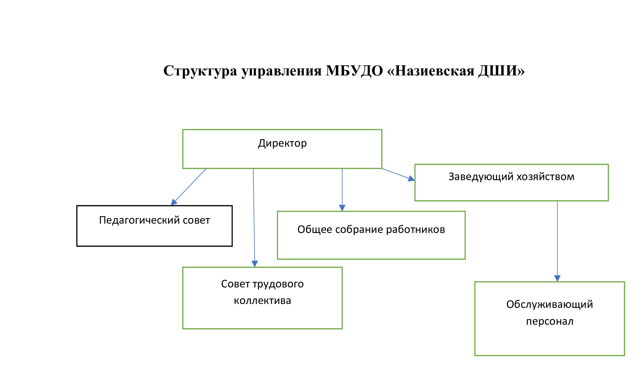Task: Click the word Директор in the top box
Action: coord(282,143)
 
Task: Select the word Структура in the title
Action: coord(200,71)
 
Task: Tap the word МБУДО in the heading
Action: coord(354,71)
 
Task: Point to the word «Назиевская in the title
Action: coord(431,71)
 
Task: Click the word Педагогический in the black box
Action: coord(140,221)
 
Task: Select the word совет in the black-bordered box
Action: coord(196,221)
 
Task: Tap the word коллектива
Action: coord(262,301)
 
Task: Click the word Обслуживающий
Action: coord(550,305)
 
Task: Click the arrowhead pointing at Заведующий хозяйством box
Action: coord(411,179)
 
